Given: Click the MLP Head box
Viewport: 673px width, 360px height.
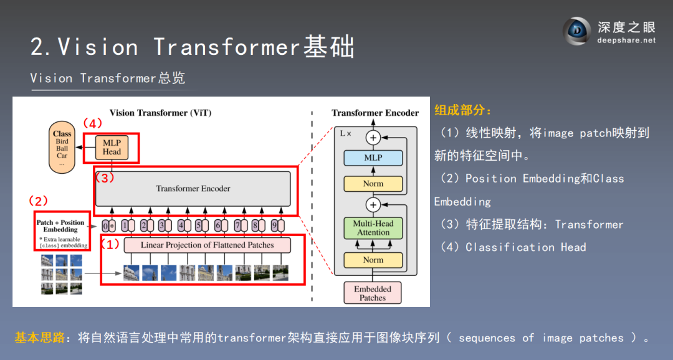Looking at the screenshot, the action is click(112, 147).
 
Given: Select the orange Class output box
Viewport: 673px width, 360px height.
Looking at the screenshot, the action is click(62, 148).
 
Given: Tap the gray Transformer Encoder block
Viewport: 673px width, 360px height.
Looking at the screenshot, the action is click(193, 188).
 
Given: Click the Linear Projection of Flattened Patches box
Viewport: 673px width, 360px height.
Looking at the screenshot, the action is click(207, 245).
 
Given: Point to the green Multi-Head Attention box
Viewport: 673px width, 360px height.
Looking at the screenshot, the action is click(373, 227).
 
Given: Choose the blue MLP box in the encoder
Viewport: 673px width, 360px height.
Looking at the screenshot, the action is click(373, 158).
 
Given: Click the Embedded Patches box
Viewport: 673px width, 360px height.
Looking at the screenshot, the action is click(373, 293).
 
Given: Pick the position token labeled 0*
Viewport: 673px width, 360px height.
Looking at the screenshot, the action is click(108, 225).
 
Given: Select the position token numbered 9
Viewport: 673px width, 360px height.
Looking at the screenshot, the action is click(274, 225).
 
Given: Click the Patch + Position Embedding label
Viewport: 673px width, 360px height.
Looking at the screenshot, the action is click(60, 225).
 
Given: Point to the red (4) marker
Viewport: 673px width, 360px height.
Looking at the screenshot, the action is click(92, 123).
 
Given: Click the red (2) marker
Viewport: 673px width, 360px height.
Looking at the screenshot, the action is click(39, 201).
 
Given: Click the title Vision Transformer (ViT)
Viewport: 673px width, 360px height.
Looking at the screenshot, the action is click(160, 113).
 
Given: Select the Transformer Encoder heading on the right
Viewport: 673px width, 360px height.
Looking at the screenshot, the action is click(375, 113).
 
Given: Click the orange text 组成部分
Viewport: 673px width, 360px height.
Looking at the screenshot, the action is click(462, 111).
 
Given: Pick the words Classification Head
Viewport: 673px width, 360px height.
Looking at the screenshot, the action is click(526, 247).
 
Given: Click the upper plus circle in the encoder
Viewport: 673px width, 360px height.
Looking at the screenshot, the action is click(373, 138).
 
